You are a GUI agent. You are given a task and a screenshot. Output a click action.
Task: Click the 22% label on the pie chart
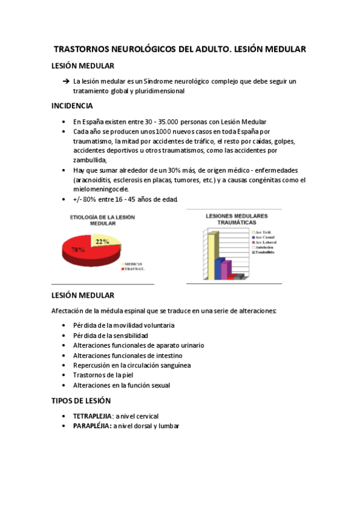102,242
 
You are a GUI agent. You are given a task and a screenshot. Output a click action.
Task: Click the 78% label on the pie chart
77,249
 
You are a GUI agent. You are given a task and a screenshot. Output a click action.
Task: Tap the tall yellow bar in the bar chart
211,254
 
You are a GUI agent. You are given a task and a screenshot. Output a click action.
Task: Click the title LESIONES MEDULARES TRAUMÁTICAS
237,219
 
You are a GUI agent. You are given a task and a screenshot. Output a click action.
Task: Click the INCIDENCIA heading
72,106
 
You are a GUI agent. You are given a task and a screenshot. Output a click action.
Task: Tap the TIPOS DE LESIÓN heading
81,400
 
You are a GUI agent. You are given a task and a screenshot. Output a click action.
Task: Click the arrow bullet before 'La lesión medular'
66,81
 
